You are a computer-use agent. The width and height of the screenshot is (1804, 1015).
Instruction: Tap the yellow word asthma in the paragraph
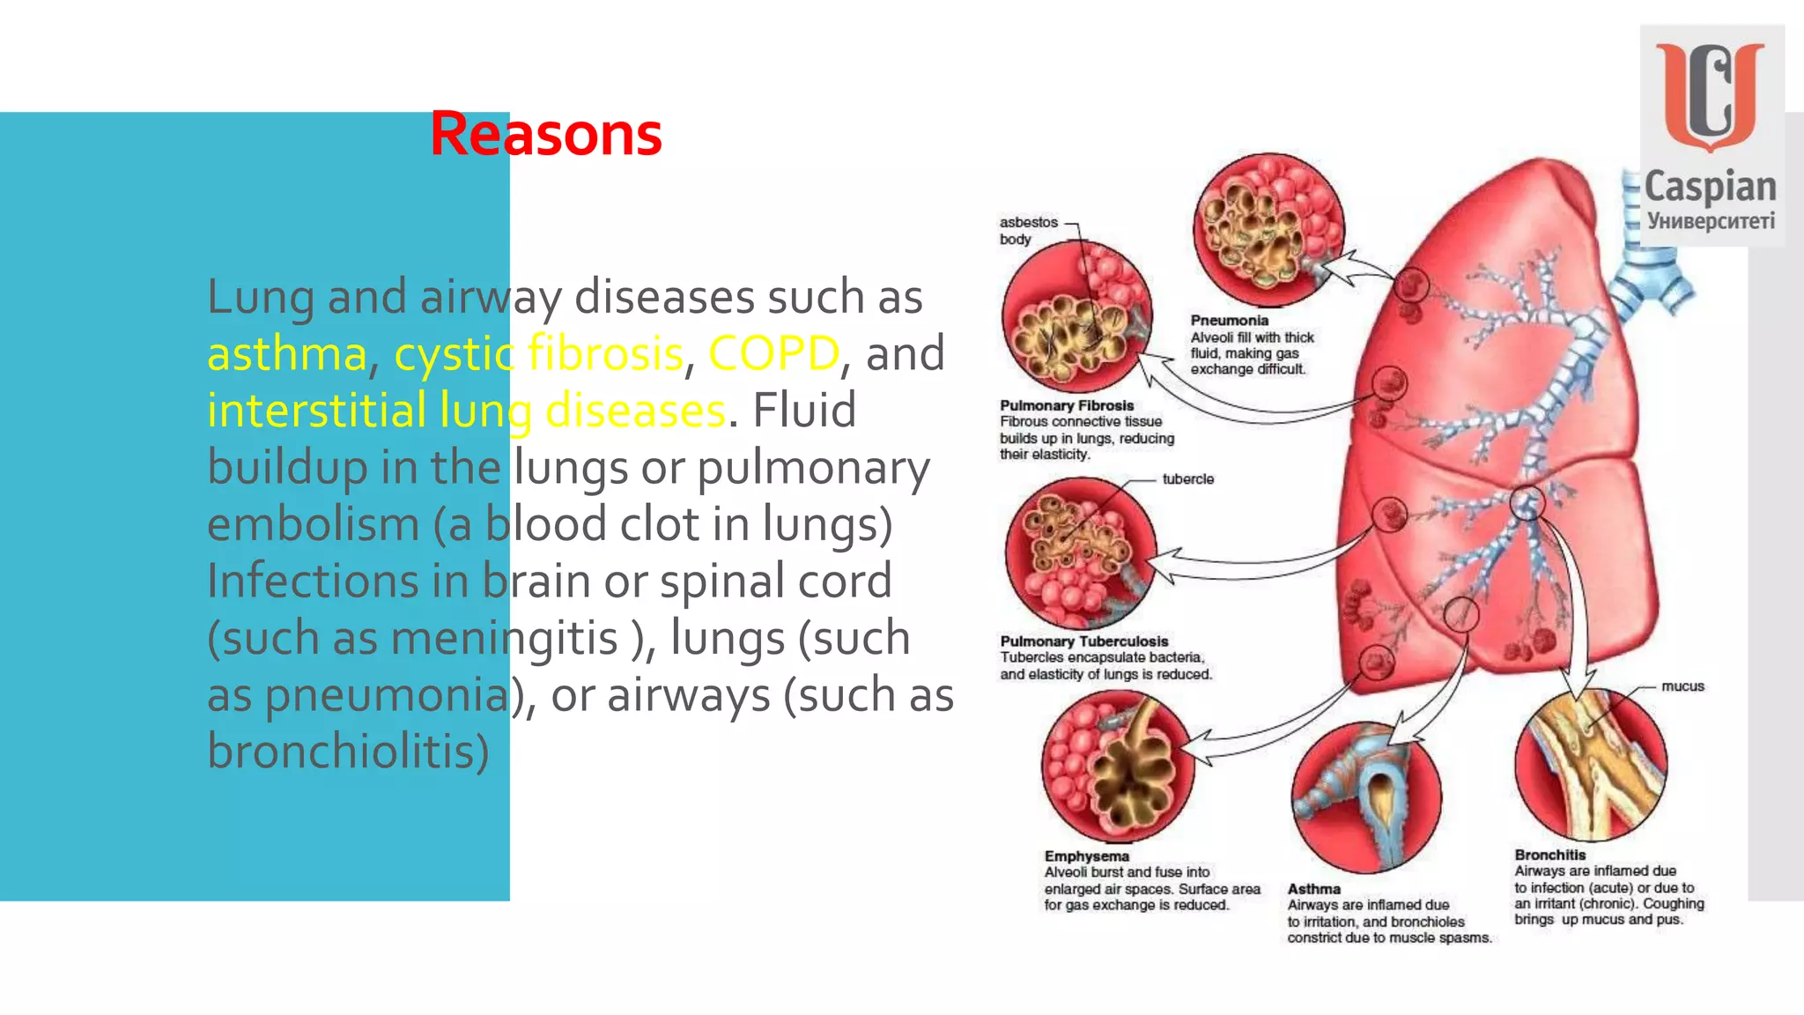coord(286,353)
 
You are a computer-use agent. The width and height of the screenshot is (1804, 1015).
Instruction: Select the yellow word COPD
coord(773,353)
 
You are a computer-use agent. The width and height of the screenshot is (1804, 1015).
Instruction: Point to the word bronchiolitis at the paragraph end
coord(348,751)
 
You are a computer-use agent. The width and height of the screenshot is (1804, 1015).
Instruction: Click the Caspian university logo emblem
coord(1710,97)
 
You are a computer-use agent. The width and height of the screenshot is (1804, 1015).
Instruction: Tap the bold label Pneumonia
coord(1229,321)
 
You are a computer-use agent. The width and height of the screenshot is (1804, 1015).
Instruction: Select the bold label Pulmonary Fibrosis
coord(1066,405)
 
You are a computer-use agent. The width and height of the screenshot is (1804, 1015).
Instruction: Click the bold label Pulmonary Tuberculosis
coord(1083,641)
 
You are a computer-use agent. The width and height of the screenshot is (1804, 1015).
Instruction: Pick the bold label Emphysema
coord(1086,856)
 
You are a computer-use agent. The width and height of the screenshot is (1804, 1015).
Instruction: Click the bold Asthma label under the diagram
coord(1313,889)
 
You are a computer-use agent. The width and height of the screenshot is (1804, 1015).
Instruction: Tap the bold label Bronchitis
coord(1549,855)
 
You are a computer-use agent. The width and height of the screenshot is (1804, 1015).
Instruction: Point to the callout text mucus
coord(1682,685)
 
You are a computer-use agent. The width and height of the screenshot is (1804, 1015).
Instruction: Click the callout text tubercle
coord(1187,478)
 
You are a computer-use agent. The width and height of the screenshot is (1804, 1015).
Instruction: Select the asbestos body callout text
coord(1027,230)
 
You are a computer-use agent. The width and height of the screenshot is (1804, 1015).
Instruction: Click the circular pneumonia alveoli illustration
coord(1268,229)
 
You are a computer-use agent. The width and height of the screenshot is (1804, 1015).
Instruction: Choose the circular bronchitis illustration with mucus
coord(1591,763)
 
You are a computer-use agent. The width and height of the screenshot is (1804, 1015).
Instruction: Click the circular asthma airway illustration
coord(1366,797)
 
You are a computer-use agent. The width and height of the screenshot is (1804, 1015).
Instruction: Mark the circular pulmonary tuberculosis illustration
coord(1081,552)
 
